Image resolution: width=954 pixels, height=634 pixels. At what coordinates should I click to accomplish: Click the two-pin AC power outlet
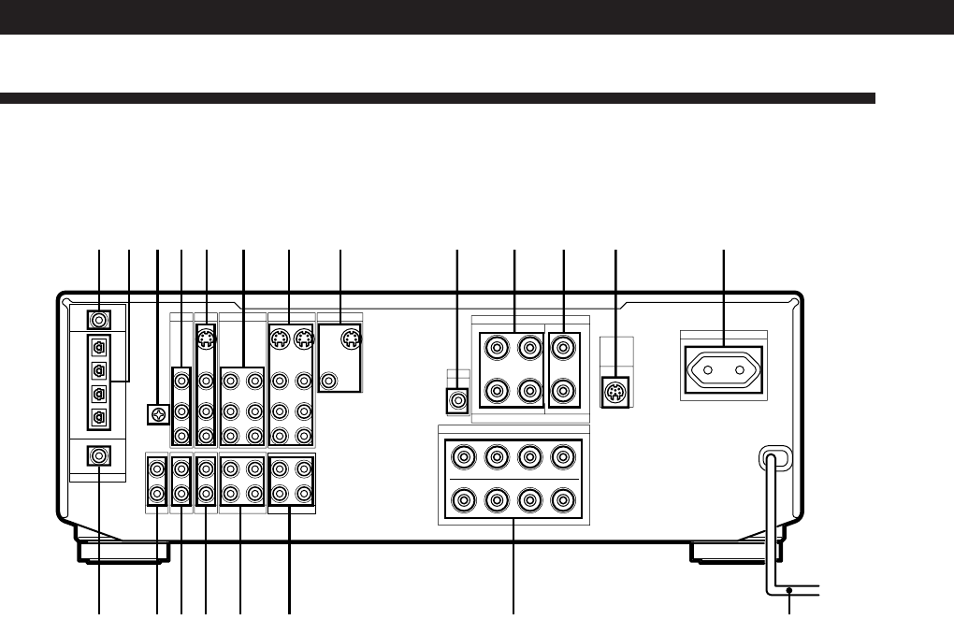725,368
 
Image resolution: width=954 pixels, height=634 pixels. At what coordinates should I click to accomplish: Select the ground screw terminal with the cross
157,413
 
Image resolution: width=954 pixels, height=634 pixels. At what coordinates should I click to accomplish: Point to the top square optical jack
99,344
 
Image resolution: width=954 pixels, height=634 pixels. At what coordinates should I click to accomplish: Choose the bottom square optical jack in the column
99,417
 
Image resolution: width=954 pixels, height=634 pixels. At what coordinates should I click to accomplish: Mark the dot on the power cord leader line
790,590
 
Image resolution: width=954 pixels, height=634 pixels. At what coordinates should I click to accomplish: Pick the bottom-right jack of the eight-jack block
562,499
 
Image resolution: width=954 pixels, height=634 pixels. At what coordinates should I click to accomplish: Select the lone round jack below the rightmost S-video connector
328,380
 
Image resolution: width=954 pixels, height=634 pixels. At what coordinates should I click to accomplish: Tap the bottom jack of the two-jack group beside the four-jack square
564,389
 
